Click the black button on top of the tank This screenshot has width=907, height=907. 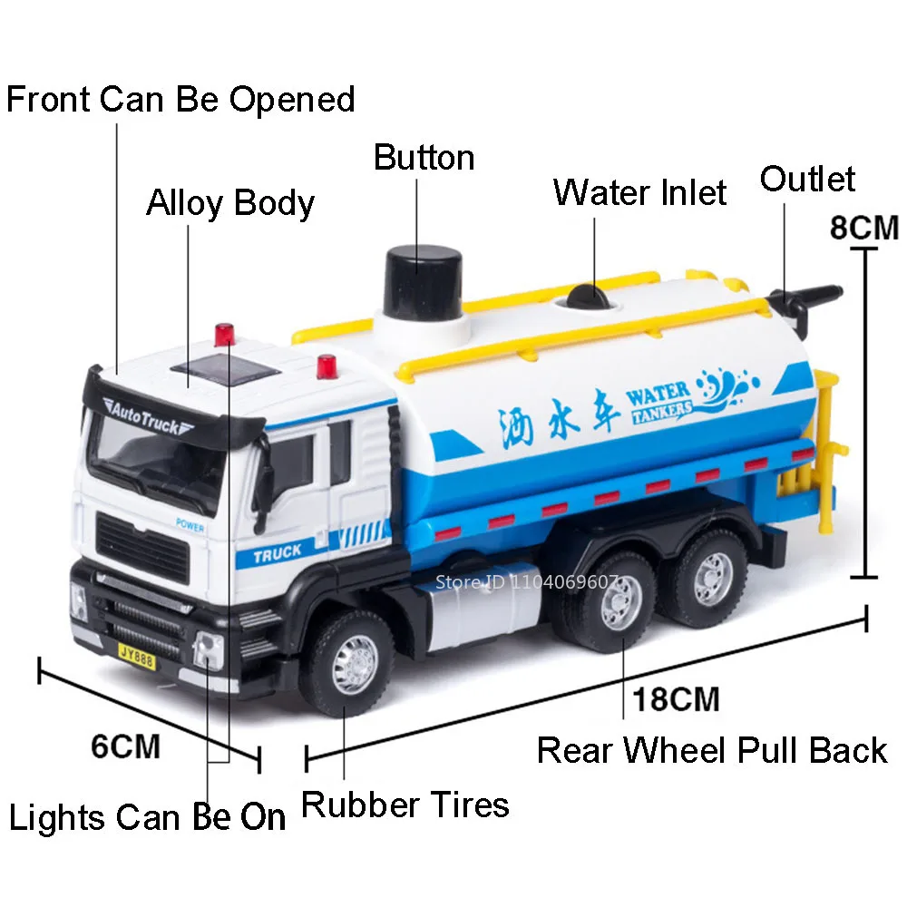tap(424, 277)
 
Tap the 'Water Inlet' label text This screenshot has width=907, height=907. tap(639, 193)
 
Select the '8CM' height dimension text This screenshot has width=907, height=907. tap(863, 227)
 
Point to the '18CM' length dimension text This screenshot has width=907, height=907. tap(676, 699)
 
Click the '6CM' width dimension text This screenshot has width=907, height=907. tap(126, 746)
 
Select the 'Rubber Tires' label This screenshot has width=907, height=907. tap(405, 805)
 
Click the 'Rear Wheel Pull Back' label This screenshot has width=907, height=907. tap(712, 751)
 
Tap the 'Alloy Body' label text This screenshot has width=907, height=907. tap(230, 203)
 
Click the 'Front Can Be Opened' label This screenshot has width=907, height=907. tap(180, 99)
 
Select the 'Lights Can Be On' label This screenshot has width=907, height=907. tap(147, 818)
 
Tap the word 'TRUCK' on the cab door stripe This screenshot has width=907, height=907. tap(278, 552)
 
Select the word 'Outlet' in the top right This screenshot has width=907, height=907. tap(807, 179)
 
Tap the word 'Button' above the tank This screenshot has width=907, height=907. tap(424, 158)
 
